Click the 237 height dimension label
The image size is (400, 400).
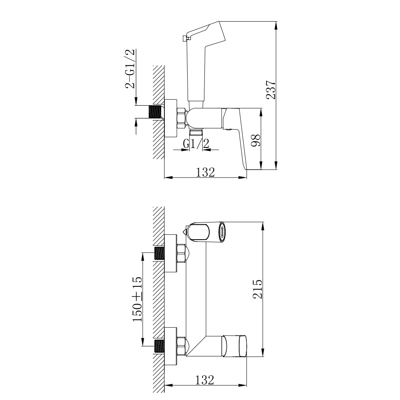point(271,90)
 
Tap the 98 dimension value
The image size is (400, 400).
point(256,140)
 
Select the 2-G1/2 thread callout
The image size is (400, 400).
point(130,68)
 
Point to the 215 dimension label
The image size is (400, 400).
point(257,289)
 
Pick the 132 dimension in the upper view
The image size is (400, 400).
point(205,172)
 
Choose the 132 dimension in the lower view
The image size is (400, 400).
point(204,380)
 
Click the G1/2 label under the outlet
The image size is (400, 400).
point(196,144)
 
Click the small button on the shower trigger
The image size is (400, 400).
point(184,38)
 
